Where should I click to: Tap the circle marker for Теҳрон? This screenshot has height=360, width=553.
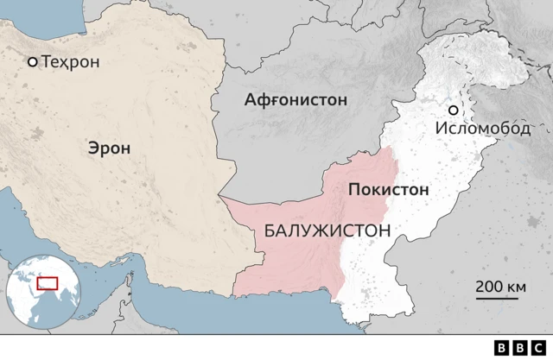[x=33, y=62]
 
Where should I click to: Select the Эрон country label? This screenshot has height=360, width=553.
[x=109, y=148]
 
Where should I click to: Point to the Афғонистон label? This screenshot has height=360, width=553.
[x=296, y=100]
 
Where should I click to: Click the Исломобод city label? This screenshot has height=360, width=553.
[x=482, y=128]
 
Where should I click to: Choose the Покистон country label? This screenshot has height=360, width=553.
[x=388, y=190]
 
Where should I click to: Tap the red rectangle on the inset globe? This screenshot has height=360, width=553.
[x=47, y=283]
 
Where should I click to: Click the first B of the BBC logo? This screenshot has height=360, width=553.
[x=503, y=347]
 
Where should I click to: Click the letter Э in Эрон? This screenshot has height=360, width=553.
[x=92, y=148]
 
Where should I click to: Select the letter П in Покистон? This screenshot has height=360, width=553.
[x=353, y=190]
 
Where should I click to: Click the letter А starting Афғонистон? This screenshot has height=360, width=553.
[x=251, y=100]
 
